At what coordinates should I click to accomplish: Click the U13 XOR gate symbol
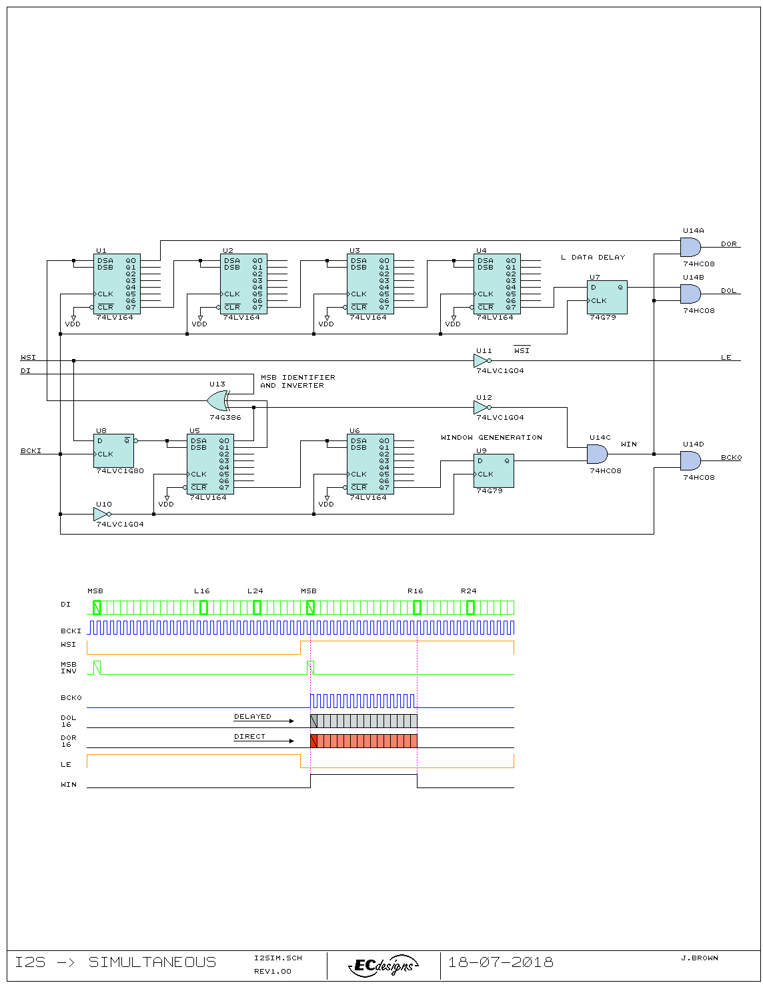218,400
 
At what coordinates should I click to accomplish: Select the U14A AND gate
690,247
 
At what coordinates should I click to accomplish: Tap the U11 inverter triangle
482,361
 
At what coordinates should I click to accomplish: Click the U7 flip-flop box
606,297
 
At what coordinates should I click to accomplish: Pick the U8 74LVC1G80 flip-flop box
113,450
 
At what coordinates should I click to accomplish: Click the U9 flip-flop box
494,470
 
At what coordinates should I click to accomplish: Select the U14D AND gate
690,460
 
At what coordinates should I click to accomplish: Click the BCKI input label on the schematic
31,450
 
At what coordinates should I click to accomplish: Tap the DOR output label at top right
728,244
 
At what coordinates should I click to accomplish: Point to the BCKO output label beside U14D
731,457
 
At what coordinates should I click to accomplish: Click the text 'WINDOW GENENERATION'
491,437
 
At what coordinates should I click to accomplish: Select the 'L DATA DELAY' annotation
593,257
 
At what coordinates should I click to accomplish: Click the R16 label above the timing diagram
415,591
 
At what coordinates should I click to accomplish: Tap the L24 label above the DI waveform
255,591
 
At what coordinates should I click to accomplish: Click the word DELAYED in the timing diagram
252,716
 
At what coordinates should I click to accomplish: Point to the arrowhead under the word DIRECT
291,741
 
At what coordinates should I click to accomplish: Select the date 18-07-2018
501,962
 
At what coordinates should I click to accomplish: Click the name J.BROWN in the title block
700,958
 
